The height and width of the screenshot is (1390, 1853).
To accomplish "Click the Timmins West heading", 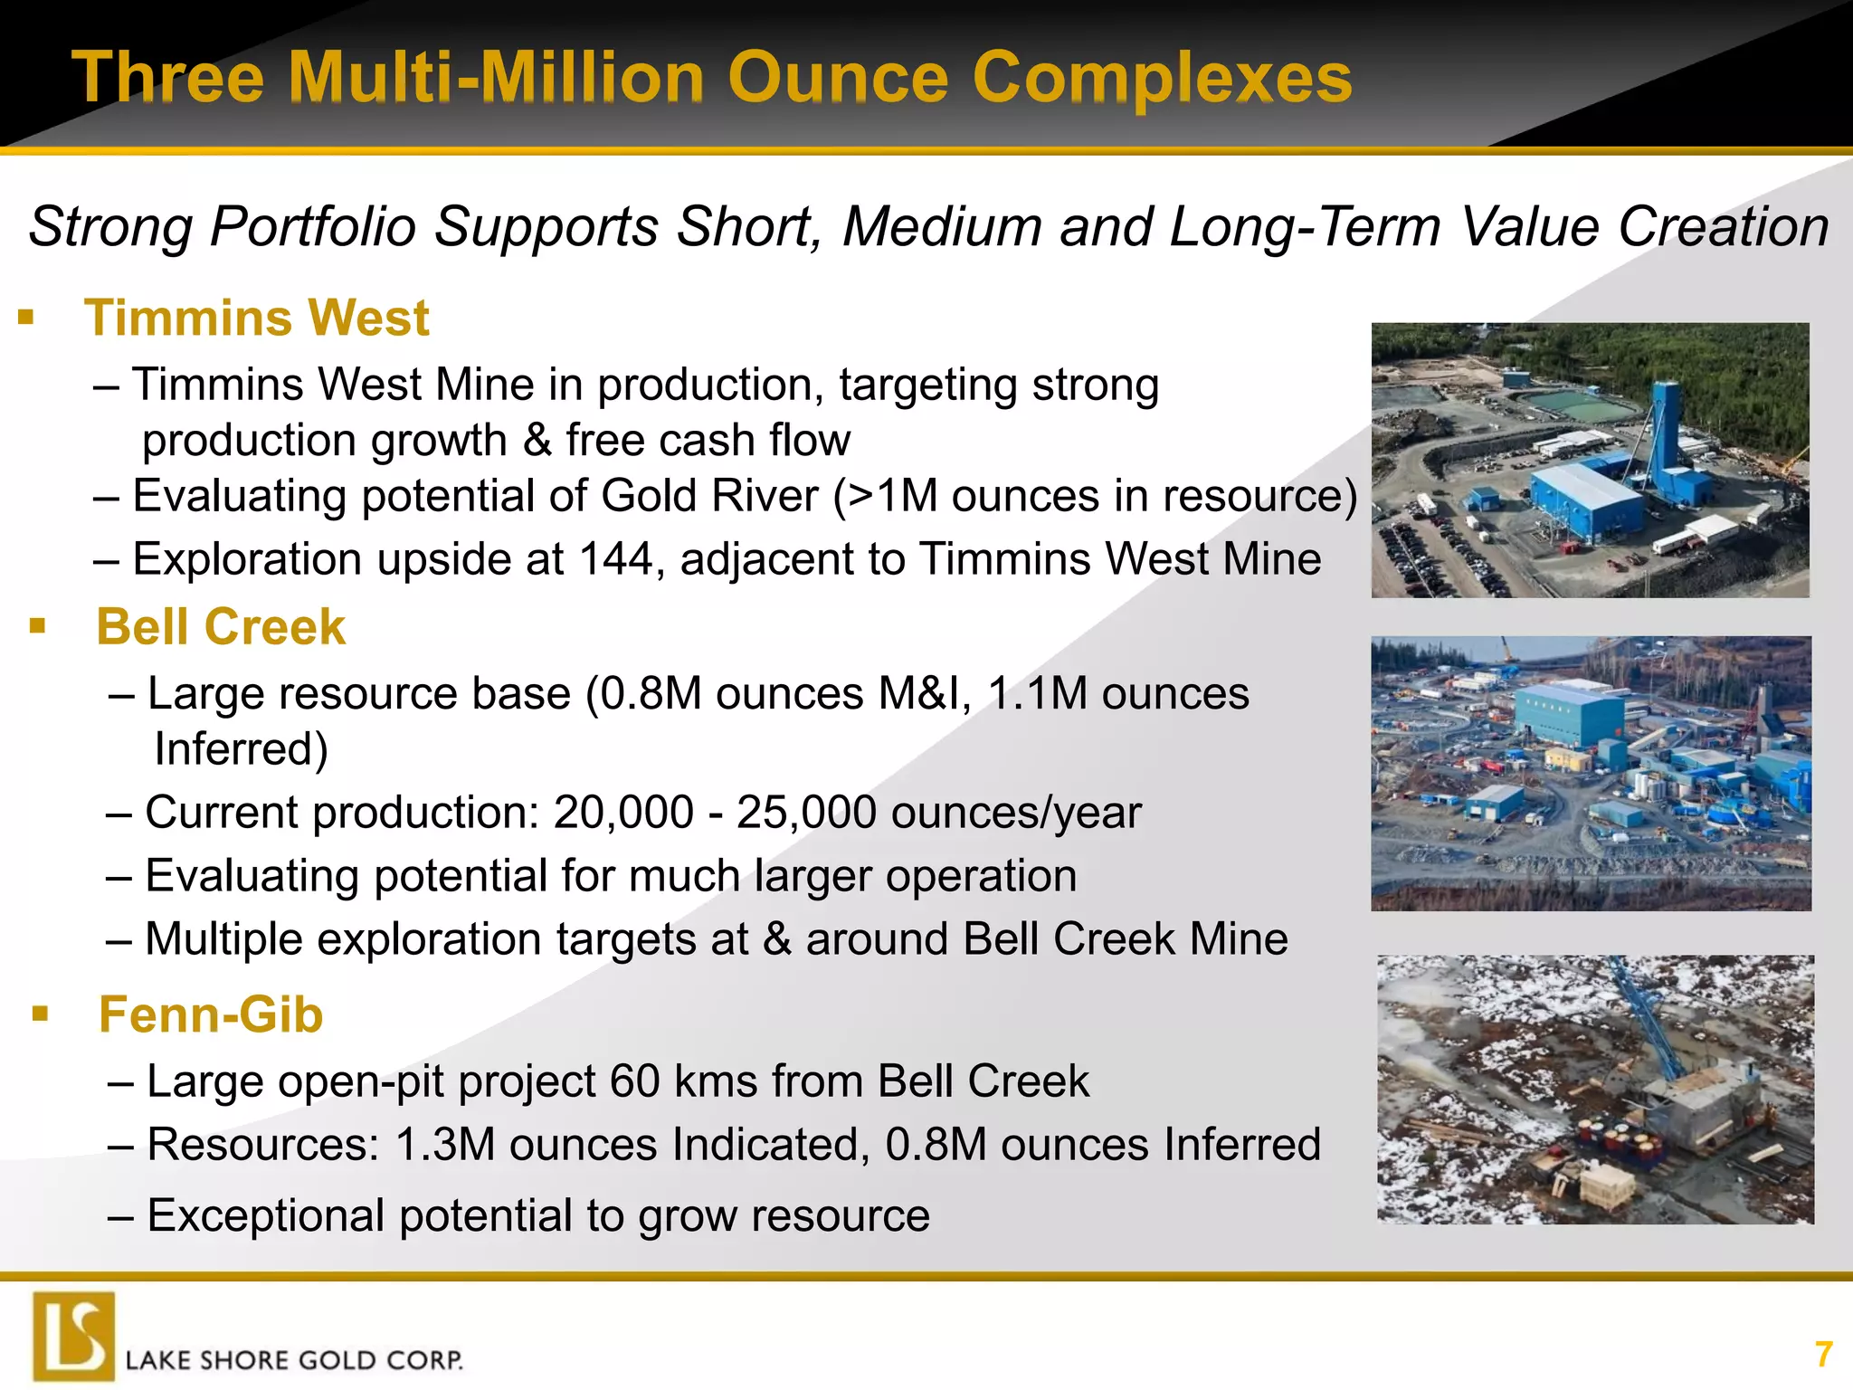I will click(x=257, y=319).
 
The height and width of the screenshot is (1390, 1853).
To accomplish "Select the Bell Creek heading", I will click(x=221, y=627).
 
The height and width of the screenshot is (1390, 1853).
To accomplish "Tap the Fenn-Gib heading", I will click(x=211, y=1014).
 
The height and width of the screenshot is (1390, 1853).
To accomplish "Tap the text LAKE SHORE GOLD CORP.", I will click(x=294, y=1360).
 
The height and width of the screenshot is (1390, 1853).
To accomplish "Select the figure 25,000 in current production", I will click(x=805, y=813).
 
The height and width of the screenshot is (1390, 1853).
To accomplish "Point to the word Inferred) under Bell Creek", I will click(x=241, y=749).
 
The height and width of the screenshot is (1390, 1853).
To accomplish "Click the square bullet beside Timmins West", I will click(x=25, y=319).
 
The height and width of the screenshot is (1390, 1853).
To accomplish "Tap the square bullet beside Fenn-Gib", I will click(x=40, y=1014).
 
